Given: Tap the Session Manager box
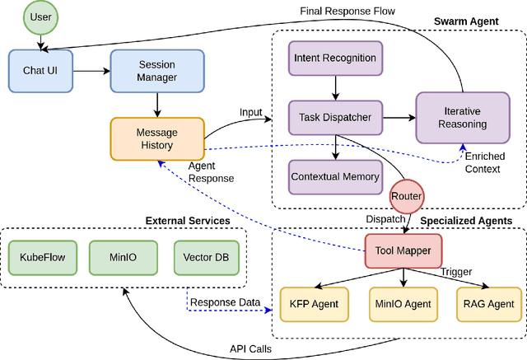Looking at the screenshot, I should pos(156,71).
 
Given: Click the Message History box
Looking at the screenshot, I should pos(156,138).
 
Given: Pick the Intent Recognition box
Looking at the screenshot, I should pos(334,58).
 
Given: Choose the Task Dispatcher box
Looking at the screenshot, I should pos(334,118).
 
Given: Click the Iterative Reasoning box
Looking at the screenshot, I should pos(463,118).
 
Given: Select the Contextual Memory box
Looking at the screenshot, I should pos(334,176).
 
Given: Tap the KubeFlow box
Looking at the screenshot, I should pos(41,257).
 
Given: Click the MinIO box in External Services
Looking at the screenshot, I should pos(123,257).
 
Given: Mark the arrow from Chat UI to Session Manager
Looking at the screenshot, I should pos(93,71).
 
